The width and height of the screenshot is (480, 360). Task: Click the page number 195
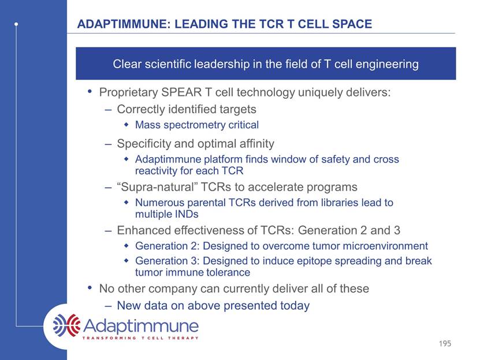coord(445,343)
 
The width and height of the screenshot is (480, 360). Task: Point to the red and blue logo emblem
coord(66,325)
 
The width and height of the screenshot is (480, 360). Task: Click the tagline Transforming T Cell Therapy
coord(140,338)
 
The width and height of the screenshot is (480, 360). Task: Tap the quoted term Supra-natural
coord(157,187)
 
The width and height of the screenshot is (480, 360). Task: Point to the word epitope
coord(315,261)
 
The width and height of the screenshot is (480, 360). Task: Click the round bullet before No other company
coord(90,287)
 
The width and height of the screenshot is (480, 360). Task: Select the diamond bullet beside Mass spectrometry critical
coord(126,125)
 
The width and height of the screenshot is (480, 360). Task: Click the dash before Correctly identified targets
coord(108,110)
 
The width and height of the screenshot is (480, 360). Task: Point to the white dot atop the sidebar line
coord(16,24)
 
